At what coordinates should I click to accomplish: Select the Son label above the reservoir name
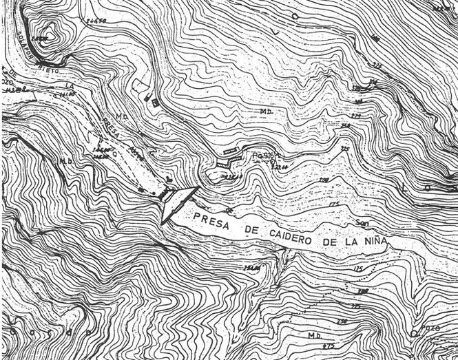click(x=363, y=223)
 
